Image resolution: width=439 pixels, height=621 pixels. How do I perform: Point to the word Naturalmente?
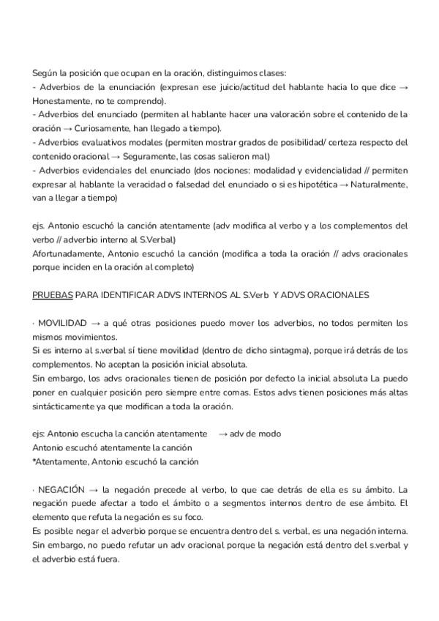(377, 184)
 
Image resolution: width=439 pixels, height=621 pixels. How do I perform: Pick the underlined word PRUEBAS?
(52, 295)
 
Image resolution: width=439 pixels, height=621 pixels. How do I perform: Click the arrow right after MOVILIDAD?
(95, 323)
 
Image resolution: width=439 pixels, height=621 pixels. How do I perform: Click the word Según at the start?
(45, 72)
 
